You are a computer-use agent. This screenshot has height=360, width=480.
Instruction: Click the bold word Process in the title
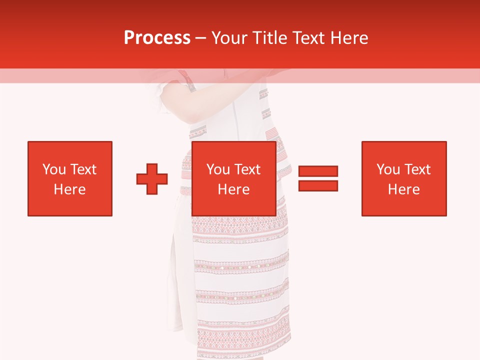tap(157, 38)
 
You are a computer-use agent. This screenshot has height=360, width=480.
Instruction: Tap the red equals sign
tap(318, 178)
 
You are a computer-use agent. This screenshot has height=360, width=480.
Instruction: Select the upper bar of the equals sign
tap(318, 171)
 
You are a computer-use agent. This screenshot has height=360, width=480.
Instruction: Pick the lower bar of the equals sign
tap(318, 185)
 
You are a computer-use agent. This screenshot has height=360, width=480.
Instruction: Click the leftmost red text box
tap(70, 178)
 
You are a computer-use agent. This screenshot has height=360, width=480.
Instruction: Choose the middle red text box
tap(234, 178)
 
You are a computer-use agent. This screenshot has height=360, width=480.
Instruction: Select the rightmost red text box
tap(404, 178)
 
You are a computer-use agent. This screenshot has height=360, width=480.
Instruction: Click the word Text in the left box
tap(83, 169)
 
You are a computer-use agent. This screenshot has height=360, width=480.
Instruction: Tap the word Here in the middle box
tap(234, 189)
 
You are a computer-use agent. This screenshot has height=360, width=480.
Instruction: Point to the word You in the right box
tap(388, 169)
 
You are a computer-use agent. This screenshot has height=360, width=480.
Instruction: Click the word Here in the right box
tap(404, 189)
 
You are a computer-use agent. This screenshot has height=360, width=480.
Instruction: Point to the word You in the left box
tap(54, 169)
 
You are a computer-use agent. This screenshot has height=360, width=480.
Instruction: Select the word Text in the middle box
tap(248, 169)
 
